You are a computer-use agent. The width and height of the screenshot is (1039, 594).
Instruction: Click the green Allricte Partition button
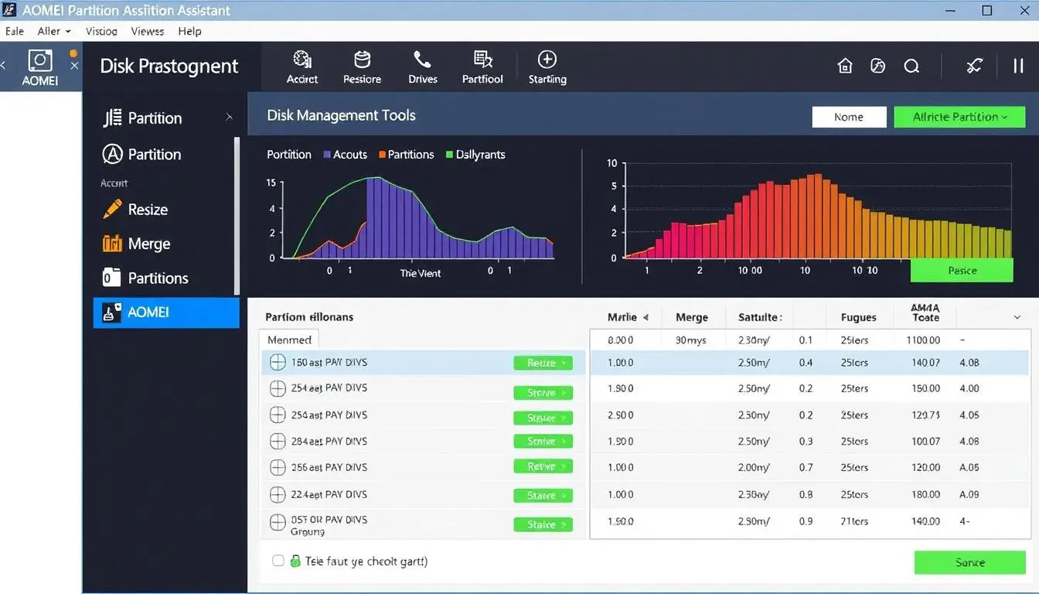point(959,117)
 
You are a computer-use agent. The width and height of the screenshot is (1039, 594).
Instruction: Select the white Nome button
point(849,117)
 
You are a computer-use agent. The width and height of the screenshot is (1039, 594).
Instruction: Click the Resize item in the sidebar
point(147,210)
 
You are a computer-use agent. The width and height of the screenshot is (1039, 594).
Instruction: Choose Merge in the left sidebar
point(148,244)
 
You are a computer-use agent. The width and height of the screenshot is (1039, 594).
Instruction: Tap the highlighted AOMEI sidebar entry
point(165,312)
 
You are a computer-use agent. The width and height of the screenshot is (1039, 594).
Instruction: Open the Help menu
point(189,31)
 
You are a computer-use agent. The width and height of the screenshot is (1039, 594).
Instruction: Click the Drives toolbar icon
point(422,67)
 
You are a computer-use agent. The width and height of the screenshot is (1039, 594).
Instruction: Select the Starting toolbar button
point(547,67)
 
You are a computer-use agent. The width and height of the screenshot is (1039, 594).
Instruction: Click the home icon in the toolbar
point(845,67)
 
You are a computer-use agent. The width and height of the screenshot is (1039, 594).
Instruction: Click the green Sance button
point(969,562)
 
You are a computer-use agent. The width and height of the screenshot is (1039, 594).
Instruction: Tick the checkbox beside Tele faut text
point(278,561)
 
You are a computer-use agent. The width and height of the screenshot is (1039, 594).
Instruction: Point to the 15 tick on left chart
point(271,183)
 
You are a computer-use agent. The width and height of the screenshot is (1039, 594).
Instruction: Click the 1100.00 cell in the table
point(924,340)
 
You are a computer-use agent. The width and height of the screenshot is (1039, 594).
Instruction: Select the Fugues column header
point(858,317)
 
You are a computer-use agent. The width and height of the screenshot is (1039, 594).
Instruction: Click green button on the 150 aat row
point(543,363)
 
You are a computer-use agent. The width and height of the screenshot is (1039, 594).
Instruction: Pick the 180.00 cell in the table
point(925,494)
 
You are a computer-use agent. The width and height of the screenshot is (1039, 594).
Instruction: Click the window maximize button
point(987,11)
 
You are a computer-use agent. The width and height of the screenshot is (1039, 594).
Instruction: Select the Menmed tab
point(289,340)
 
